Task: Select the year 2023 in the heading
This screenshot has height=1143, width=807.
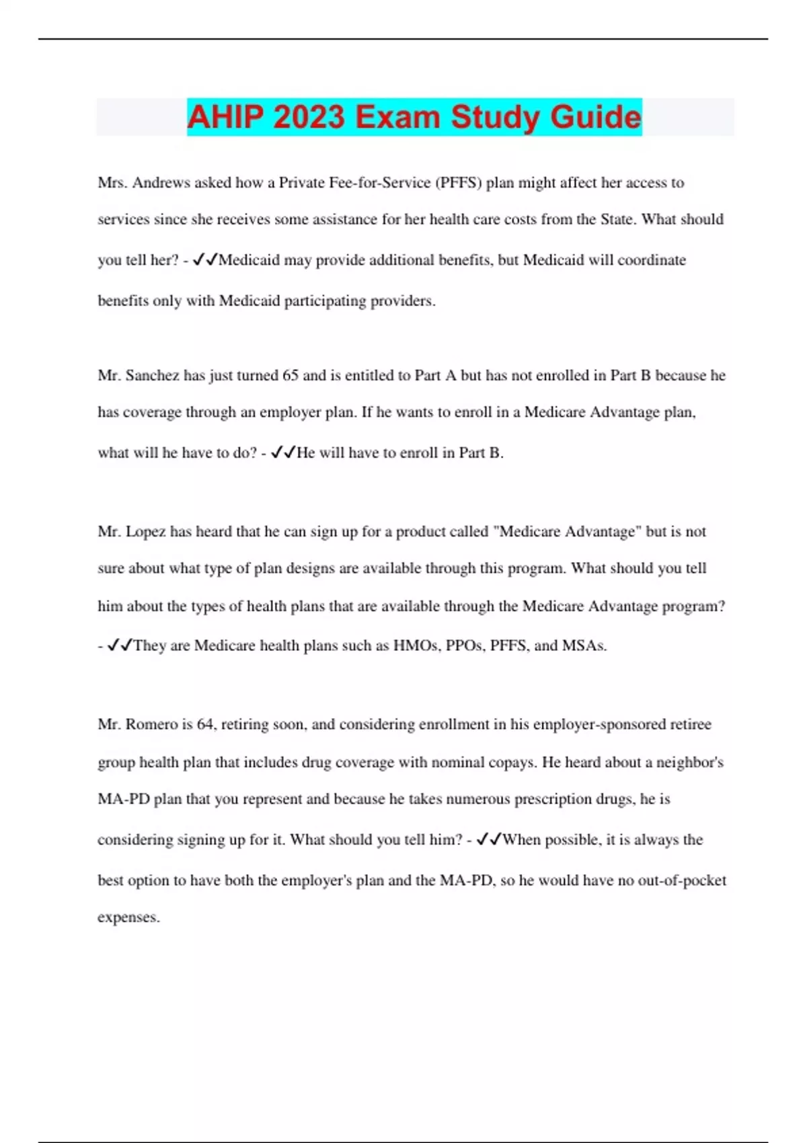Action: pyautogui.click(x=309, y=117)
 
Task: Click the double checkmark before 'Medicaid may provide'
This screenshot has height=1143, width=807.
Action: pyautogui.click(x=205, y=260)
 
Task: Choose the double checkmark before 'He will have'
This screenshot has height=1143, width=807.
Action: pyautogui.click(x=283, y=453)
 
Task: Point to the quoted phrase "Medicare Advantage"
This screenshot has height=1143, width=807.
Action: pyautogui.click(x=567, y=532)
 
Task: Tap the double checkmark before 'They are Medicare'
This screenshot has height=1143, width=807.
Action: pyautogui.click(x=120, y=646)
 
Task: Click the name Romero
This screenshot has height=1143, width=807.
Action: pyautogui.click(x=152, y=725)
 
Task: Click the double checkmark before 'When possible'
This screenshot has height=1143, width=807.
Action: pyautogui.click(x=489, y=840)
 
